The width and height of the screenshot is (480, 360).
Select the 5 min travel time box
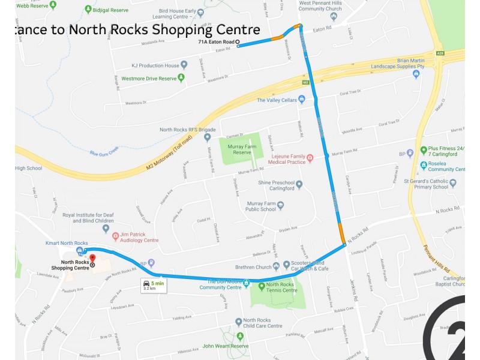point(154,285)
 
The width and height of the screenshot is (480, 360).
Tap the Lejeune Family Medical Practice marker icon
point(310,158)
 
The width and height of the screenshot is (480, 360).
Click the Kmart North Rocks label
point(66,243)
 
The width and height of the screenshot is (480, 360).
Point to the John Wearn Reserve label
point(226,346)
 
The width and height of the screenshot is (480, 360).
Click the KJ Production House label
point(155,65)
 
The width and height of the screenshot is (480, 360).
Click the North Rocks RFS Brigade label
point(188,130)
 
